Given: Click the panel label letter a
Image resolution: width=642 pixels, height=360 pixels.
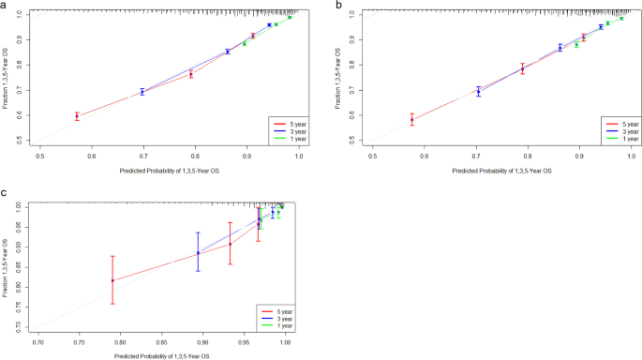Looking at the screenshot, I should pos(6,6).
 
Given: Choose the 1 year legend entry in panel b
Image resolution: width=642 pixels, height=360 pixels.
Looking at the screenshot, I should pos(620,139).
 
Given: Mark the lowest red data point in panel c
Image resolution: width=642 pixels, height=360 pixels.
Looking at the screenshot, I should pos(112,280).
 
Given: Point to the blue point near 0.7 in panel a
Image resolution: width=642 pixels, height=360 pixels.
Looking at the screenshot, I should pos(142,92).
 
